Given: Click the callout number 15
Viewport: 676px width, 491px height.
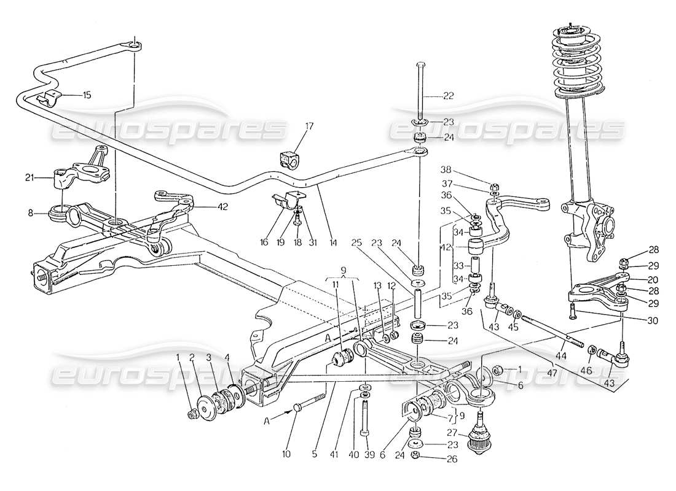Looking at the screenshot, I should coord(87,95).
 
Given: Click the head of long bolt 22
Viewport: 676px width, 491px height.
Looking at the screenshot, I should coord(420,64).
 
